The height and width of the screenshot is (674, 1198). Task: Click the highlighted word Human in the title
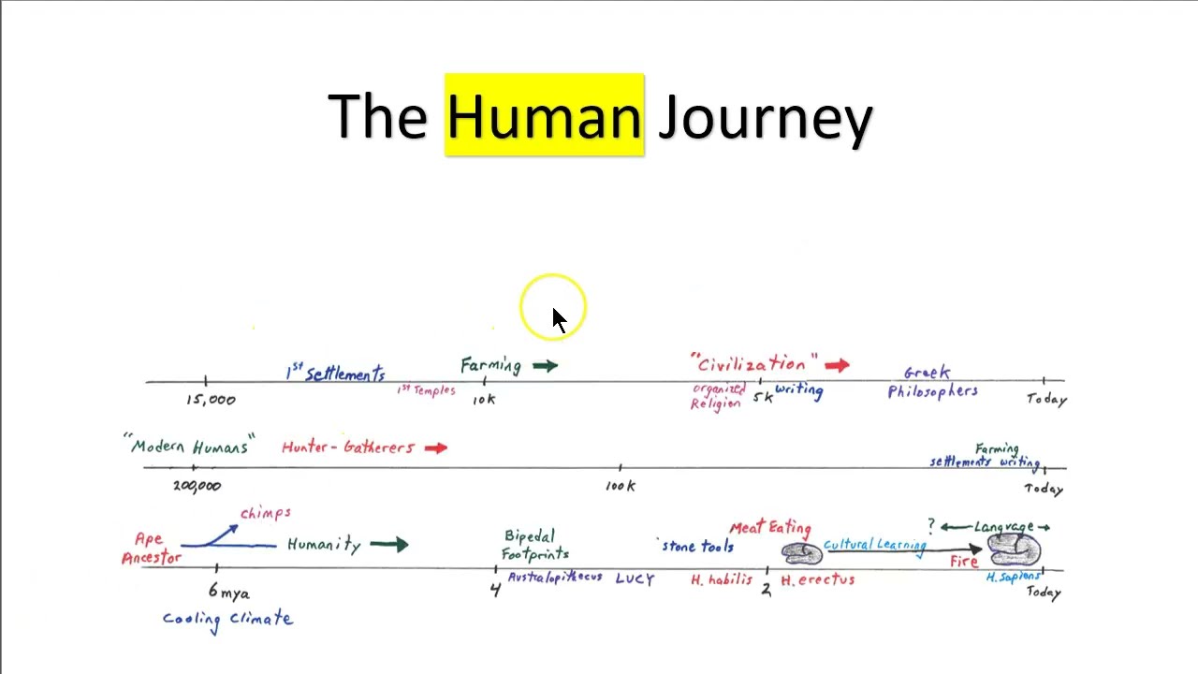point(544,116)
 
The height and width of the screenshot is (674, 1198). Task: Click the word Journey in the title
point(765,118)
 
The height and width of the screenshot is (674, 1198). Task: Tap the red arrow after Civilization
point(837,365)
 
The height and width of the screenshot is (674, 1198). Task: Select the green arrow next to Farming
point(545,366)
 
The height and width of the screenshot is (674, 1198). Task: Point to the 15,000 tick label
point(211,400)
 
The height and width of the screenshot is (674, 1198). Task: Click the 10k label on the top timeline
point(484,400)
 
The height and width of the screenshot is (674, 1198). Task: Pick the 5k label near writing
point(763,397)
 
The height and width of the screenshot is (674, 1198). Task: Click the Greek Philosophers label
point(931,383)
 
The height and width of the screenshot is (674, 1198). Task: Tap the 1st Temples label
point(426,389)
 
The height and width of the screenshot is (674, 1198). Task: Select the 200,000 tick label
point(197,486)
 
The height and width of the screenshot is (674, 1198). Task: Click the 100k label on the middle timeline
point(620,486)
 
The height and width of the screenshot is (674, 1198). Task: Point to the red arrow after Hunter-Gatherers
point(435,448)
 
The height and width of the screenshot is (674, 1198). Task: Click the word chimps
point(266,513)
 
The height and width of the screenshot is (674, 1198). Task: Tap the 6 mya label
point(228,593)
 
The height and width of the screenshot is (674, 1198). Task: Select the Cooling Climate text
point(227,619)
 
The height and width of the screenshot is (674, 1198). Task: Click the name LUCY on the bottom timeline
point(635,579)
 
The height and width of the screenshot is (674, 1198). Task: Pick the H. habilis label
point(721,580)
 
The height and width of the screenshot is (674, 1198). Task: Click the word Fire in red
point(963,562)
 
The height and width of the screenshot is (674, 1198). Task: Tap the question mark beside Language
point(931,525)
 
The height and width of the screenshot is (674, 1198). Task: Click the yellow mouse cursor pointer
point(558,318)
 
